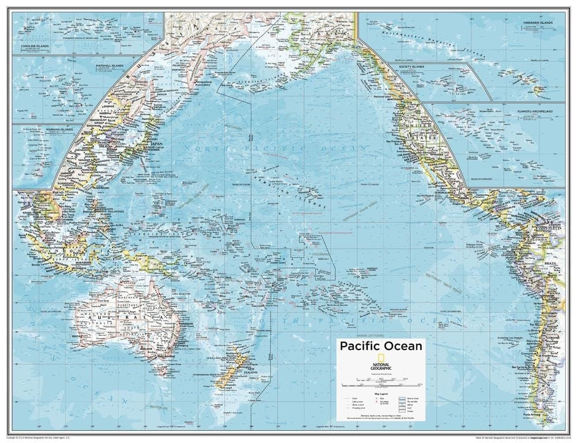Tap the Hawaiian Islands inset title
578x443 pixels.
click(538, 22)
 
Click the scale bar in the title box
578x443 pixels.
click(381, 383)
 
